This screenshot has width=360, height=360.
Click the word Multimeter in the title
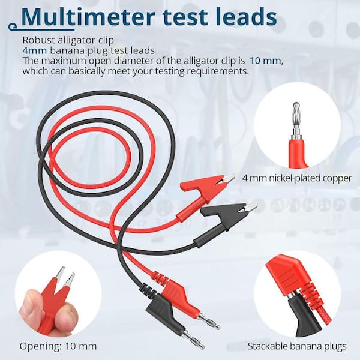pyautogui.click(x=88, y=17)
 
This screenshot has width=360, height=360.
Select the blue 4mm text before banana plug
pyautogui.click(x=34, y=50)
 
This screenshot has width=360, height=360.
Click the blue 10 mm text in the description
pyautogui.click(x=265, y=61)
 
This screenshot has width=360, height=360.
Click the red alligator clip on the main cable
pyautogui.click(x=205, y=192)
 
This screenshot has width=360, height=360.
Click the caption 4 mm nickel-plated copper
pyautogui.click(x=297, y=178)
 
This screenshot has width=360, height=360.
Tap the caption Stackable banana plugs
pyautogui.click(x=297, y=346)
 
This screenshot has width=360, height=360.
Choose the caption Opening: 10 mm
pyautogui.click(x=58, y=346)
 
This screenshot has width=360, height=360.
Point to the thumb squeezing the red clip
pyautogui.click(x=32, y=305)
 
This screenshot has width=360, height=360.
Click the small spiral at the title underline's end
pyautogui.click(x=13, y=26)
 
